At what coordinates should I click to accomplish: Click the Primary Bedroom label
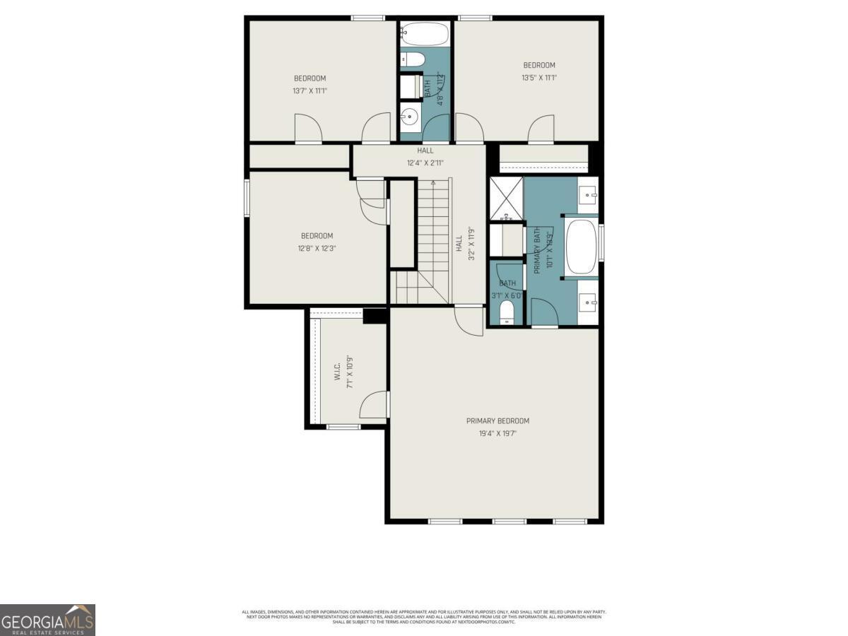tap(497, 420)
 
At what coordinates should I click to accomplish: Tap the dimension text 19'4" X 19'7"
tap(497, 434)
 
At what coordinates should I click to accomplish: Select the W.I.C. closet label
tap(338, 372)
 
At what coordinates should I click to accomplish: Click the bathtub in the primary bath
tap(580, 247)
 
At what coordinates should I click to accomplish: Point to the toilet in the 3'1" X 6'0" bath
tap(507, 312)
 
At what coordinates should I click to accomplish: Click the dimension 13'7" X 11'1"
tap(310, 90)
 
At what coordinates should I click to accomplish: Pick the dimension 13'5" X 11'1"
tap(539, 78)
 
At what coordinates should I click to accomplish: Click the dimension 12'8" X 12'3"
tap(317, 248)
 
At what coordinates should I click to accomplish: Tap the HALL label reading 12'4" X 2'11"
tap(425, 163)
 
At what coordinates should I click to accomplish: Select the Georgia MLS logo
tap(47, 620)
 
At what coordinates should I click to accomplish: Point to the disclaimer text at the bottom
tap(424, 616)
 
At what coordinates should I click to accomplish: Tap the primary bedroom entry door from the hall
tap(469, 319)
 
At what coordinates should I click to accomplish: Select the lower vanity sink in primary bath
tap(588, 303)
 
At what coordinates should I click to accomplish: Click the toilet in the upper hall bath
tap(411, 59)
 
